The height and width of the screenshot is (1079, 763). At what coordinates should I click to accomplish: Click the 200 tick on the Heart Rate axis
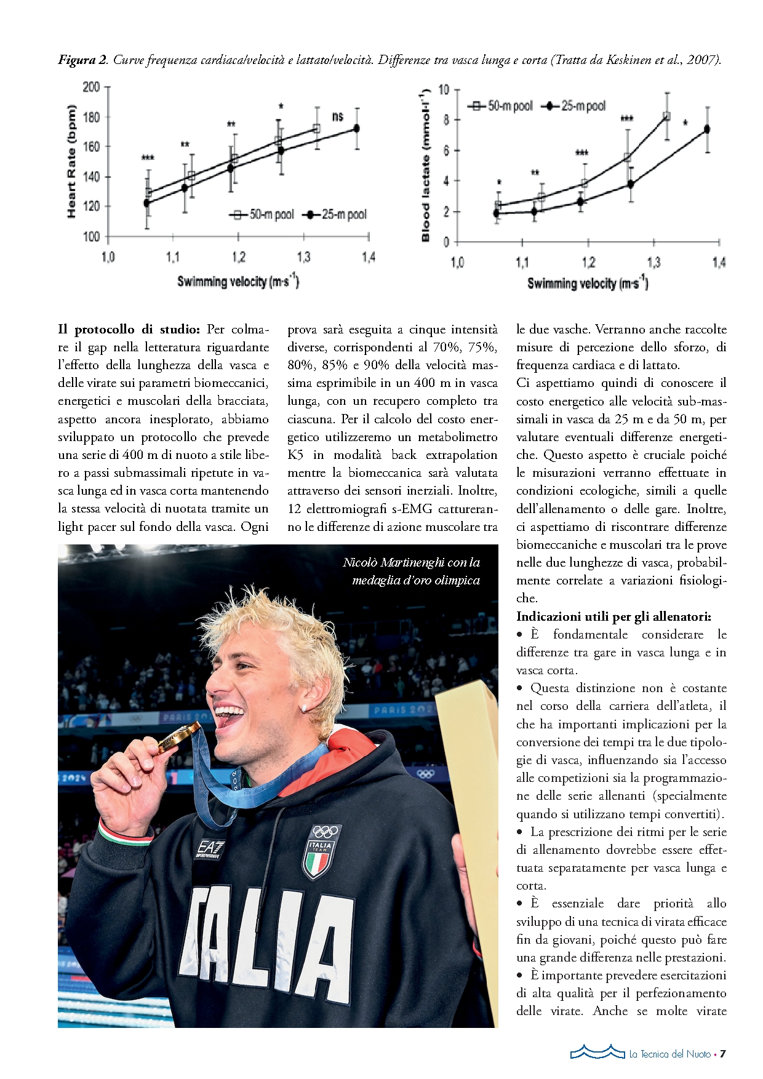(91, 87)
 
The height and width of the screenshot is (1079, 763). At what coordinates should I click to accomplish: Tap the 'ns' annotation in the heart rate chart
(337, 116)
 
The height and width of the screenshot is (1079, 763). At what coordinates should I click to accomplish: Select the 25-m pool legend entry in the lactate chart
(575, 106)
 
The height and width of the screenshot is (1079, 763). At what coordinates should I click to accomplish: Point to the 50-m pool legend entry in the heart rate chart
(262, 215)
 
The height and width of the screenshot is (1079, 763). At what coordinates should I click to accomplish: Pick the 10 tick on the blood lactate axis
(444, 90)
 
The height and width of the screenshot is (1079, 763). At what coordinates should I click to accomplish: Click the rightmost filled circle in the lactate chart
(707, 129)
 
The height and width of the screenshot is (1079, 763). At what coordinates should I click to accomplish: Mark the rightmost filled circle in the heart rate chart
(356, 129)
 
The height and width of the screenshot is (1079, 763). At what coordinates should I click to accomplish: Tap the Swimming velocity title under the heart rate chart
(238, 282)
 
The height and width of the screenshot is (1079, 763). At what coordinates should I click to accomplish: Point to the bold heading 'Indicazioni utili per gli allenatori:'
(613, 616)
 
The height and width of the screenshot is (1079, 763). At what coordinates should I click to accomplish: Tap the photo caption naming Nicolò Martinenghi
(411, 571)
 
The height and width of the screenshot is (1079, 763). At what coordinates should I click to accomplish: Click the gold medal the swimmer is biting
(175, 738)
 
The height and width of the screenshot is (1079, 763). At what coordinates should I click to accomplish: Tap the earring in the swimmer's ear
(304, 709)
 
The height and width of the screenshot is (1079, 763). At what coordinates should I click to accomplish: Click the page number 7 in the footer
(723, 1054)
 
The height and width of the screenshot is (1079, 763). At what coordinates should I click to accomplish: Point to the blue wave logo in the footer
(596, 1052)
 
